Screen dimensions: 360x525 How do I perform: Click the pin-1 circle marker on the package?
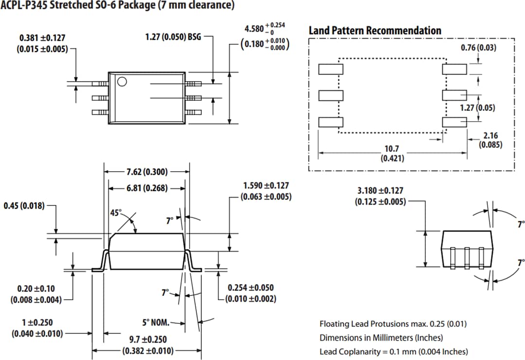tap(122, 81)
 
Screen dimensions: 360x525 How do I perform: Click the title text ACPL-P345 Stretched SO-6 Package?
tap(117, 6)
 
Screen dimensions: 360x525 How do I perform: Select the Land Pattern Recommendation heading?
tap(375, 31)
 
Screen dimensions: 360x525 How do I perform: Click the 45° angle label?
tap(116, 213)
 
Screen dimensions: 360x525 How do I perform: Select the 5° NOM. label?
tap(156, 322)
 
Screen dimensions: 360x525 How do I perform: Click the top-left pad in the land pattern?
tap(331, 69)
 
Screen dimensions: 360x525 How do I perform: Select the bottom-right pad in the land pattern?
tap(454, 122)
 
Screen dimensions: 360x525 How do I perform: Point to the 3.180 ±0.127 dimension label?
tap(380, 196)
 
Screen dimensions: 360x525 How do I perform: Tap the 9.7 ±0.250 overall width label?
tap(147, 345)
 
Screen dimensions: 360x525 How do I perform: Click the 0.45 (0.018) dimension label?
tap(24, 206)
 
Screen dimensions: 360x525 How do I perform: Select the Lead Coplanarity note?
tap(394, 351)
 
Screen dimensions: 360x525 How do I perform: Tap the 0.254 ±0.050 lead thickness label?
tap(250, 293)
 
